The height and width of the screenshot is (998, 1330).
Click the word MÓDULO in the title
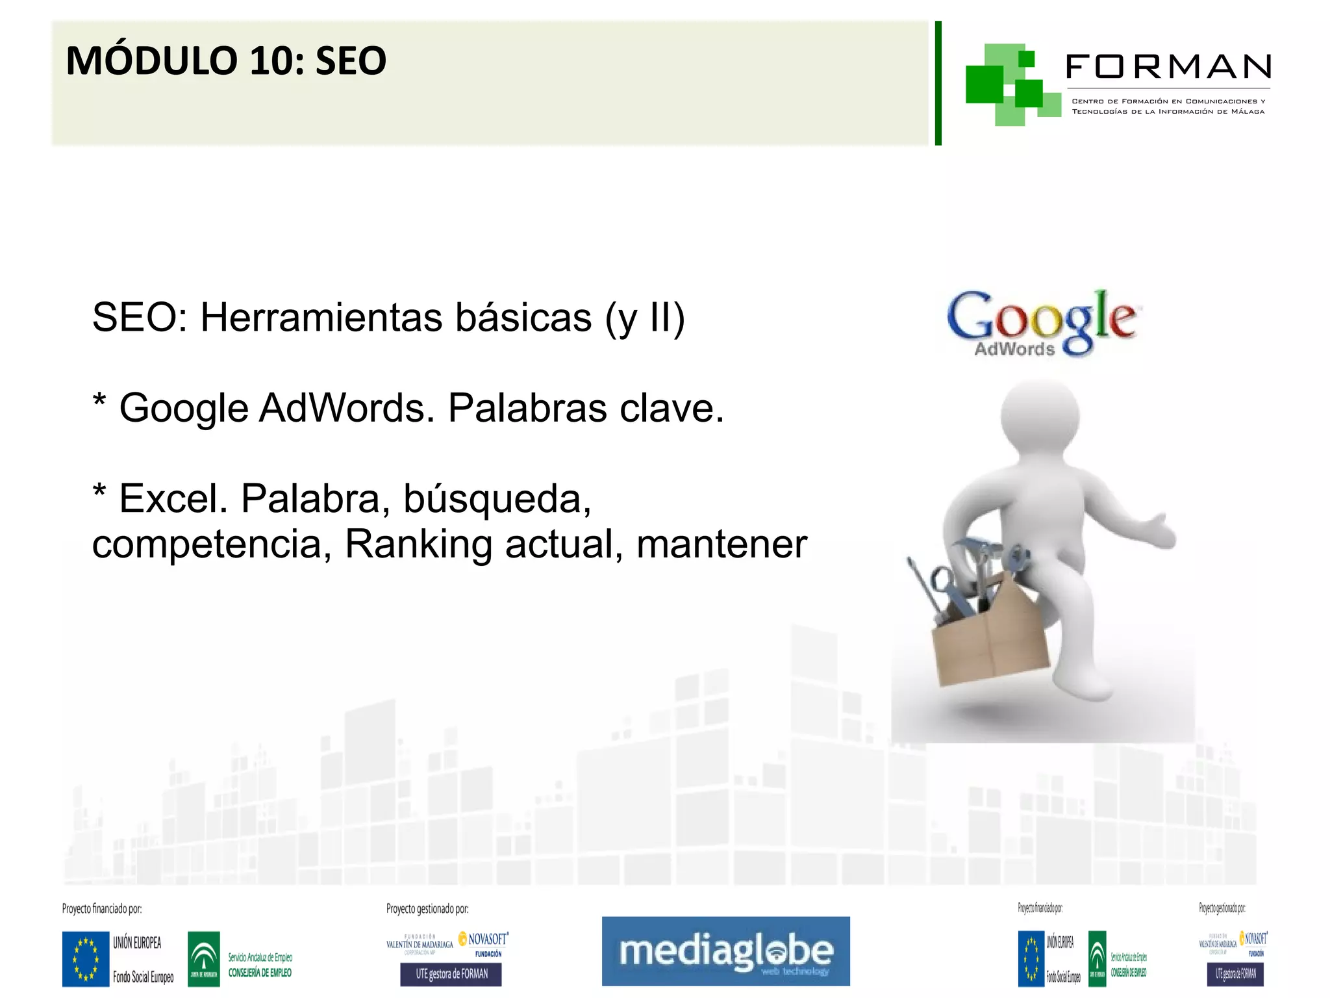point(153,61)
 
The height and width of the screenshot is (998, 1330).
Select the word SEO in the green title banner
point(351,61)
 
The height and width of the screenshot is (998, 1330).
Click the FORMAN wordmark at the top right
point(1168,67)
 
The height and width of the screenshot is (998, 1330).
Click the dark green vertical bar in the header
point(938,83)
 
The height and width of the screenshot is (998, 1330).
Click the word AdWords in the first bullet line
point(347,408)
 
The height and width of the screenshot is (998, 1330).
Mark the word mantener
point(721,544)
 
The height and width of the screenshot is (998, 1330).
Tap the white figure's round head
point(1040,416)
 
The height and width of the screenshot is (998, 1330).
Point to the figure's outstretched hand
point(1159,530)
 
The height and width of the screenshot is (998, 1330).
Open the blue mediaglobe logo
point(725,951)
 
